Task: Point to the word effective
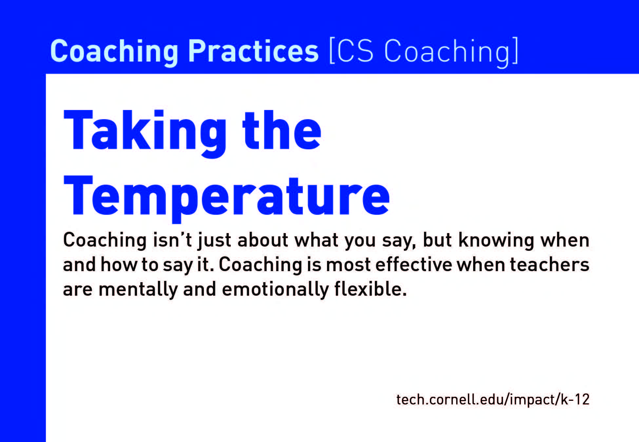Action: click(x=414, y=265)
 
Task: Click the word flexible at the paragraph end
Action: click(x=370, y=289)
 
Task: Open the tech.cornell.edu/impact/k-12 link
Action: click(x=493, y=400)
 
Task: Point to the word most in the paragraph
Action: click(x=348, y=265)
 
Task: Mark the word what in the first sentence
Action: click(x=317, y=240)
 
